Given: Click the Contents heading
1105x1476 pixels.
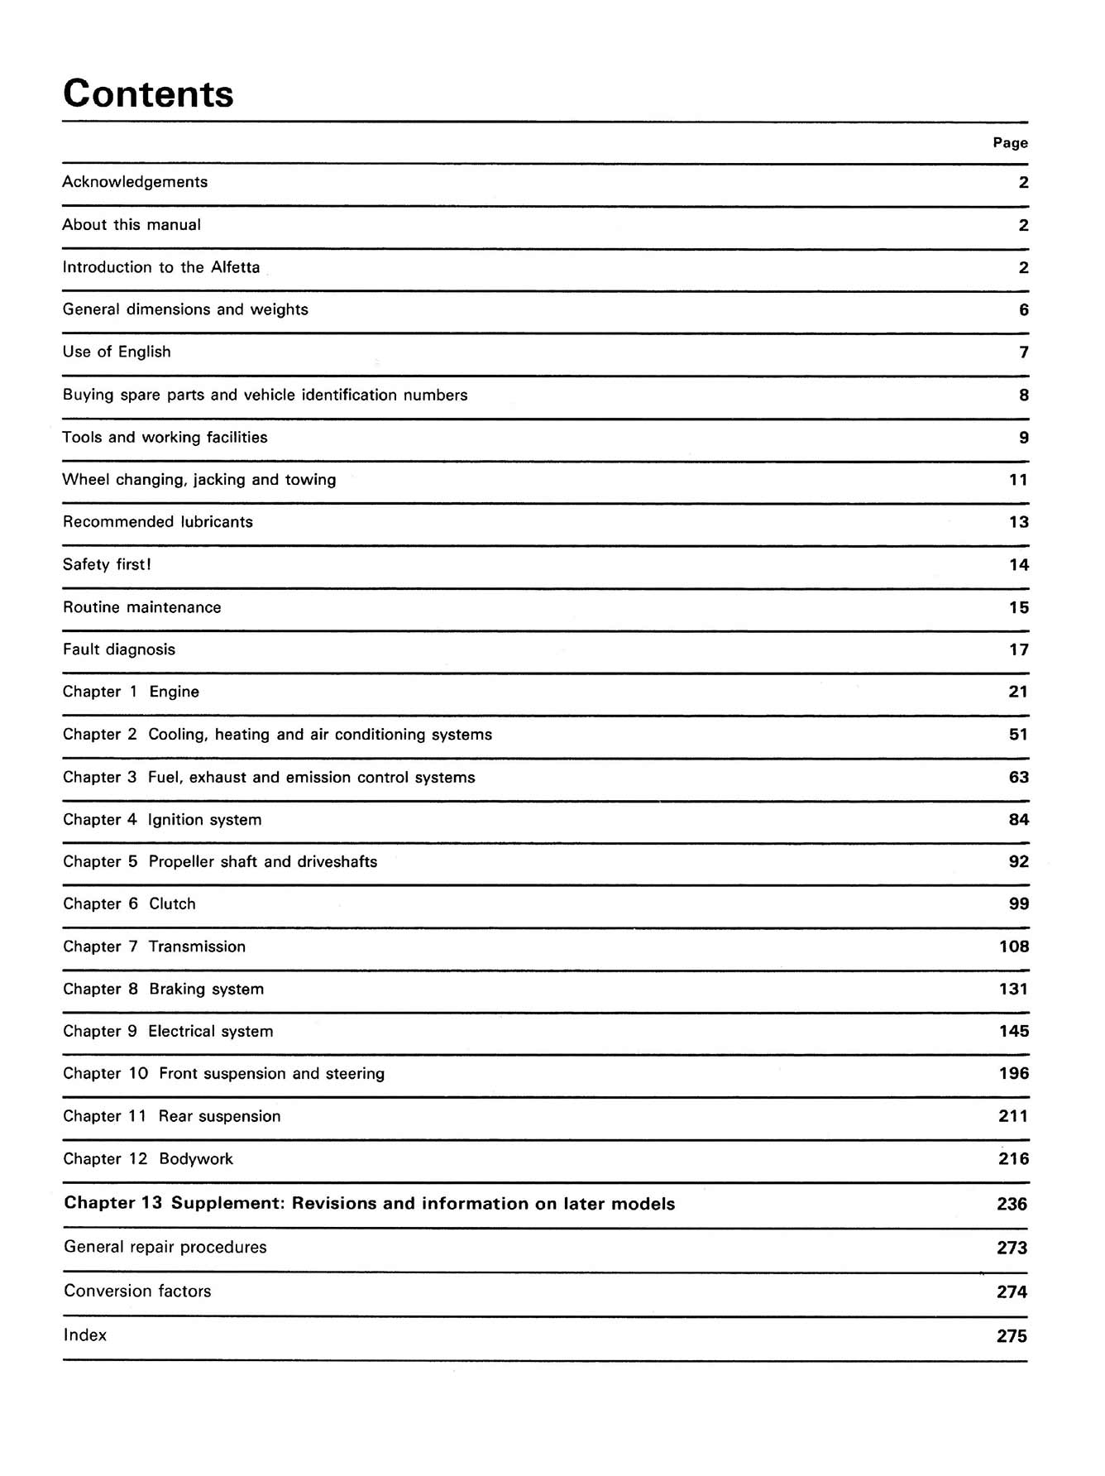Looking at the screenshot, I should [148, 93].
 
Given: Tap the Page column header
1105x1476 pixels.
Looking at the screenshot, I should [1010, 143].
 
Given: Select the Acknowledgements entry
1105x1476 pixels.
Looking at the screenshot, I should [135, 182].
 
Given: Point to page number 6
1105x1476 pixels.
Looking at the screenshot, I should [1024, 310].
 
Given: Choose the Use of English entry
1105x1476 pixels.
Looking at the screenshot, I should [117, 352].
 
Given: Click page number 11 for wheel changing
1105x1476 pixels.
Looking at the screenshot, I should [1018, 480].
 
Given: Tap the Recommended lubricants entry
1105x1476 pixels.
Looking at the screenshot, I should [157, 522].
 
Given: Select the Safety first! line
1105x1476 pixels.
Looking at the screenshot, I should [107, 564].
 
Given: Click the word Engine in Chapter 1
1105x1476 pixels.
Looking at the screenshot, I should [174, 692].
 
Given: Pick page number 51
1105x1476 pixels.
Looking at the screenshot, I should [1018, 735].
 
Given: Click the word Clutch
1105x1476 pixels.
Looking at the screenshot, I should [172, 904].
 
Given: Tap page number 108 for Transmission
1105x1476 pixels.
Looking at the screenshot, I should [1014, 946].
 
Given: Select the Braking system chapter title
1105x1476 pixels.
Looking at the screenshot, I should [206, 990].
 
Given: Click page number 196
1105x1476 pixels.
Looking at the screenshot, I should [1014, 1074].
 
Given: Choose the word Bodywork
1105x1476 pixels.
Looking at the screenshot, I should [196, 1159].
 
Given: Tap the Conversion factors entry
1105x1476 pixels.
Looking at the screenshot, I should [137, 1291].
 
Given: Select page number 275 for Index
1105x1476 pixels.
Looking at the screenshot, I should [1012, 1336].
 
